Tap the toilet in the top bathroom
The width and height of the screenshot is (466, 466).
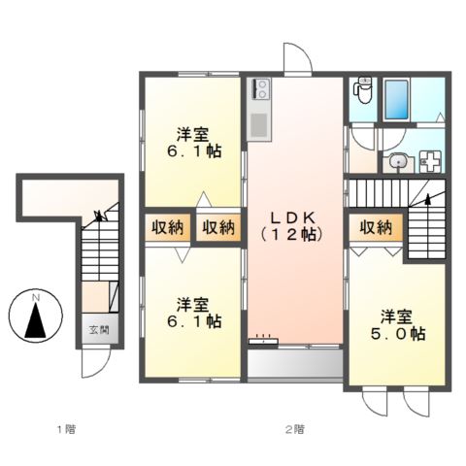tap(364, 90)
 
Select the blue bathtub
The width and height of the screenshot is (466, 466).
tap(397, 99)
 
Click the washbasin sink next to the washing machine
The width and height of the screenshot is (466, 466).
tap(397, 163)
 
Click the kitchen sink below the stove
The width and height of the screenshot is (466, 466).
tap(259, 125)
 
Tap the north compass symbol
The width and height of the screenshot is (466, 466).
tap(35, 318)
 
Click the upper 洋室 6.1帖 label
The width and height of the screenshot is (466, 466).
tap(193, 144)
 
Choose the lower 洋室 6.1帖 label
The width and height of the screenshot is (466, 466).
tap(193, 310)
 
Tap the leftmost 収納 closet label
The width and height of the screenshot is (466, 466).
tap(167, 228)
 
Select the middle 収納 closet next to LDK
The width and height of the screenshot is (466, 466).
tap(218, 228)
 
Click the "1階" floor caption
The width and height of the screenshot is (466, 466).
tap(65, 428)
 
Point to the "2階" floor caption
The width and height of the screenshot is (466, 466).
tap(294, 428)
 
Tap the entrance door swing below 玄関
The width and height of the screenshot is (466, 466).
tap(94, 363)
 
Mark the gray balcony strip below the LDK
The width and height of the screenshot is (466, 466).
tap(295, 364)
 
